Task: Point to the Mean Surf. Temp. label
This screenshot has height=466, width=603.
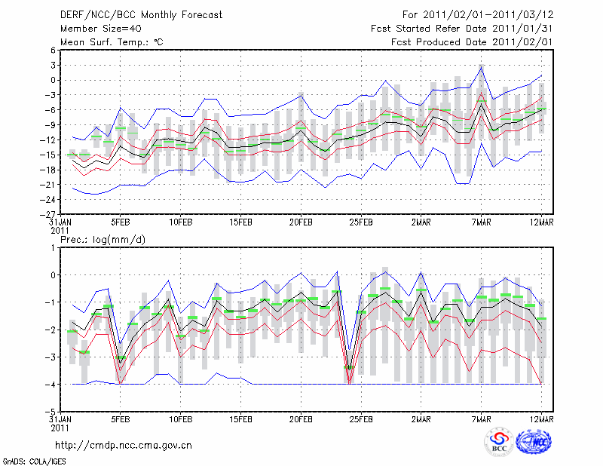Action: point(112,42)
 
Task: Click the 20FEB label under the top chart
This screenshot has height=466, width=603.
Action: point(301,222)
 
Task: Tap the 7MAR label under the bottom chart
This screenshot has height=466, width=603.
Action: point(482,420)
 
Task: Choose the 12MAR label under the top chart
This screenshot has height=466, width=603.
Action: point(542,222)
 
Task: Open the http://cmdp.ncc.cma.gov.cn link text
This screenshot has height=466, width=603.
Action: point(124,445)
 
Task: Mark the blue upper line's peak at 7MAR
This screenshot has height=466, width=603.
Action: point(482,66)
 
